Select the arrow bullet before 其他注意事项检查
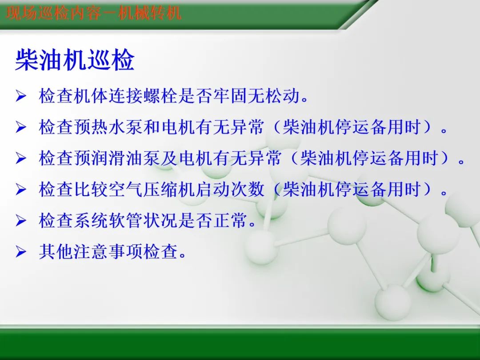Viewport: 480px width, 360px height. [21, 252]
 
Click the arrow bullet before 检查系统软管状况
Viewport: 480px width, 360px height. [21, 221]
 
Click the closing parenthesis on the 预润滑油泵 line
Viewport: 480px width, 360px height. [444, 159]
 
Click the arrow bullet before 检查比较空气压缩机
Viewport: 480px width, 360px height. [21, 190]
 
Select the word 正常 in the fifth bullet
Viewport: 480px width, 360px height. [231, 221]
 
